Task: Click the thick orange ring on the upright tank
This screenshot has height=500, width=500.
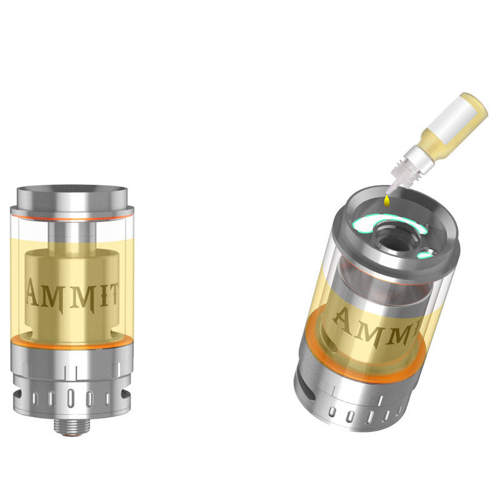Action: (x=71, y=341)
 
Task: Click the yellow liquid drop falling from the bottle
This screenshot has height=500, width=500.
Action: (x=387, y=200)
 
